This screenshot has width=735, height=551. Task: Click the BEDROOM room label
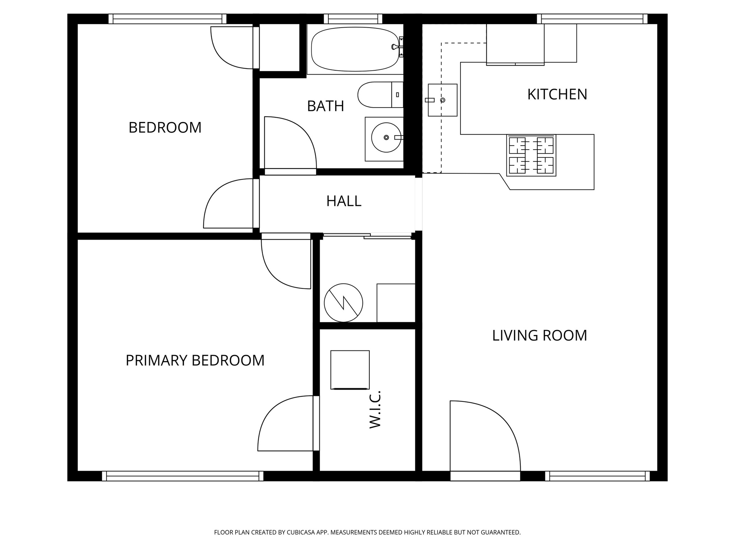(165, 128)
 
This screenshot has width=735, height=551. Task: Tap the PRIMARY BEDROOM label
(195, 361)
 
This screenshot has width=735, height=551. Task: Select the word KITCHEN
(557, 94)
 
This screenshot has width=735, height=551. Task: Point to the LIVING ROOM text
(539, 335)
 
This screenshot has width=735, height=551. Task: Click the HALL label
(343, 201)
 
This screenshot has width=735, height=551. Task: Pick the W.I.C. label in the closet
(375, 409)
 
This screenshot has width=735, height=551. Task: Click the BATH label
(326, 106)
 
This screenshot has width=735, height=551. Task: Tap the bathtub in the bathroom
(355, 49)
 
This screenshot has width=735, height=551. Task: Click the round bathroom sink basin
(386, 137)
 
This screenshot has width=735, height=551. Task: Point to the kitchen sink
(443, 100)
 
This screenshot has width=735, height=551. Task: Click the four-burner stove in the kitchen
(531, 155)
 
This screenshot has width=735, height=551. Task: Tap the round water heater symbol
(343, 303)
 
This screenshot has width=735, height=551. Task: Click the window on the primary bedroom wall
(183, 476)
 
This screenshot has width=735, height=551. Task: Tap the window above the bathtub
(353, 19)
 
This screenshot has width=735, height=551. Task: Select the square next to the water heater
(396, 303)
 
